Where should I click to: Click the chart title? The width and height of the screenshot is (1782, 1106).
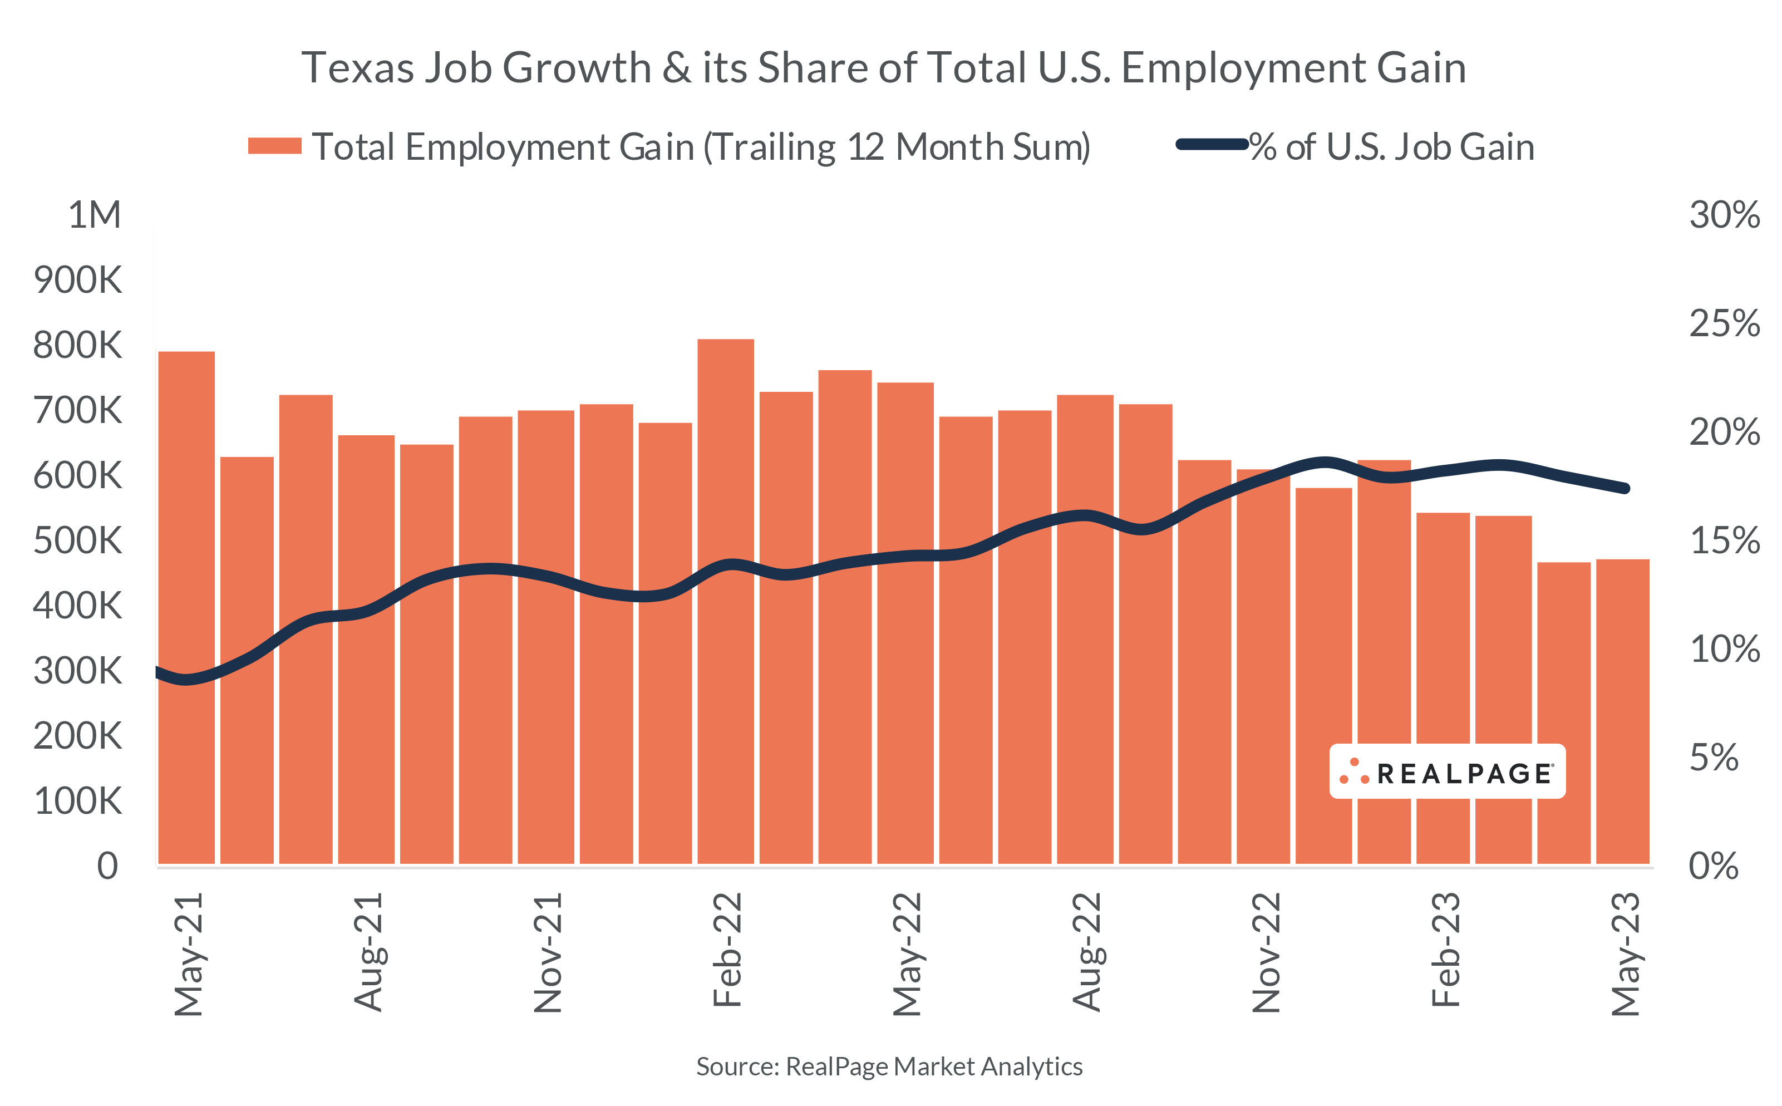(x=883, y=68)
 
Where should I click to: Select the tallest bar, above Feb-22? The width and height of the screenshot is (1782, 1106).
(x=725, y=600)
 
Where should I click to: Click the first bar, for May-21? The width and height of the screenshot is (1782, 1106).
(x=186, y=607)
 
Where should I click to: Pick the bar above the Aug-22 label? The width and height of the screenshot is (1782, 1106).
(x=1085, y=629)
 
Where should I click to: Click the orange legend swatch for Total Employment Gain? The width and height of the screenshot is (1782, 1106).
(x=275, y=146)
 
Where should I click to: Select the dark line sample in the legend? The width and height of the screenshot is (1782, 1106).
(x=1211, y=144)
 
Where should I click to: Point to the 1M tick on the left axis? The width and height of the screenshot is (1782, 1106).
(x=95, y=215)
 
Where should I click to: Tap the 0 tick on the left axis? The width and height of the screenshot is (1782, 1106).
(x=107, y=866)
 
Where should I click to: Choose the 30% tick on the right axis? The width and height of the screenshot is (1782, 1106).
(x=1724, y=215)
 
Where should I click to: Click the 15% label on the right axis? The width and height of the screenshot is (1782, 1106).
(x=1724, y=540)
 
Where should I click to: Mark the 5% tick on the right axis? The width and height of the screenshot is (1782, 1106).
(x=1713, y=758)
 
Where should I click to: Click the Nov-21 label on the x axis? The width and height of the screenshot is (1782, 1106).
(x=547, y=952)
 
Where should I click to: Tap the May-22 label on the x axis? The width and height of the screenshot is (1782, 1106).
(x=907, y=954)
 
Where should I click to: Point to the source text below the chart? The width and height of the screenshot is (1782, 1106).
(x=889, y=1066)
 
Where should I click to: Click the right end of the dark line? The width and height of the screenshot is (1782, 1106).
(x=1624, y=489)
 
